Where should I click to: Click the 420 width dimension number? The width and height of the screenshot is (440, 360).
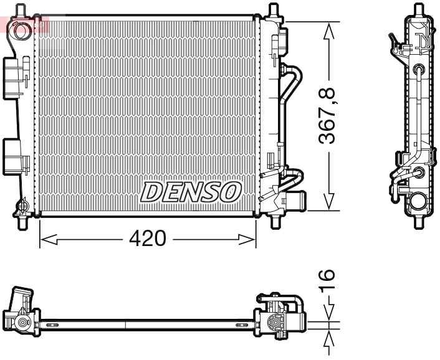[x=148, y=239]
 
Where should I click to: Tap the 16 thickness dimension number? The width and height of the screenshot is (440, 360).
[x=328, y=281]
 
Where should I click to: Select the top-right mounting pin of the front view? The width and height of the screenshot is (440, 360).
[x=272, y=10]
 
